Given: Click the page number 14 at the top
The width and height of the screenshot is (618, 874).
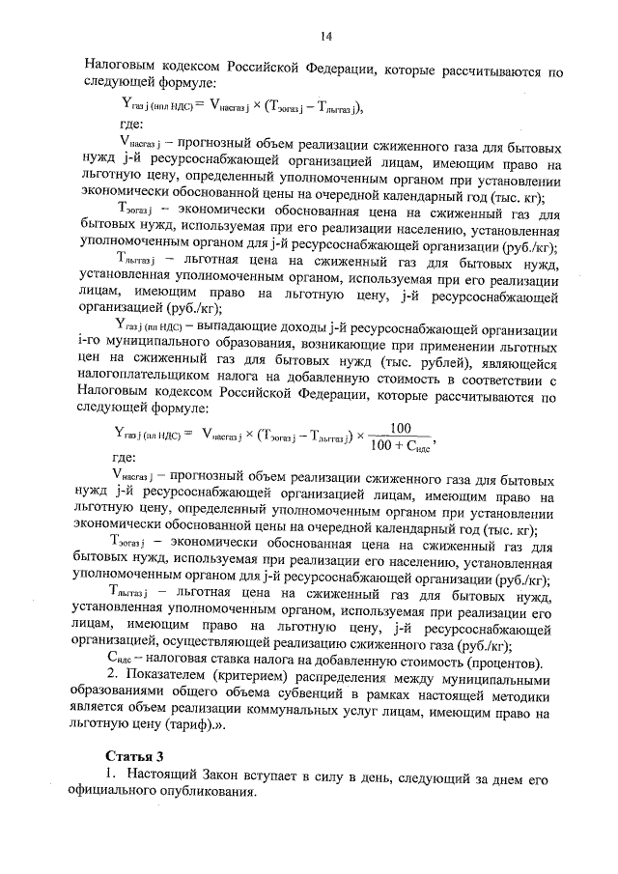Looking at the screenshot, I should [326, 36].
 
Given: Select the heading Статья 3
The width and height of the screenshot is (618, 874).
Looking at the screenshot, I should [131, 755].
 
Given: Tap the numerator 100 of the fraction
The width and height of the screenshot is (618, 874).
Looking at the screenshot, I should [400, 427].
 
